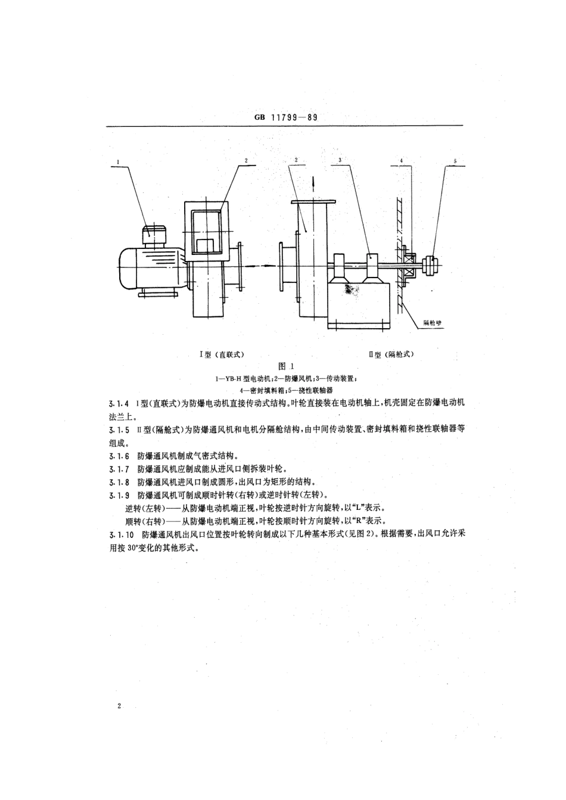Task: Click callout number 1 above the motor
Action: click(118, 161)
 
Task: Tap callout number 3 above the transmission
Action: click(340, 160)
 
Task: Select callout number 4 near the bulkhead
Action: click(402, 160)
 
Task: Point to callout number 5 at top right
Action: click(455, 161)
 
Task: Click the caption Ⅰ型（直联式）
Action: click(222, 354)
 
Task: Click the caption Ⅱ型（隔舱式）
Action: click(391, 354)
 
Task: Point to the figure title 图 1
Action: click(283, 366)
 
